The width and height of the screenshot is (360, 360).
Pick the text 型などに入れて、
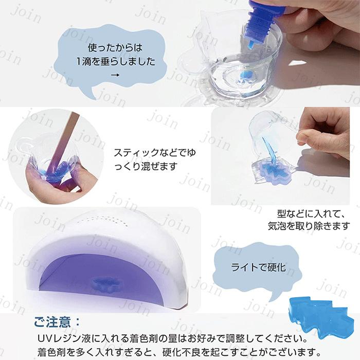coord(308,212)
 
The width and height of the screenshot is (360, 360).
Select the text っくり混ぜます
coord(147,166)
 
